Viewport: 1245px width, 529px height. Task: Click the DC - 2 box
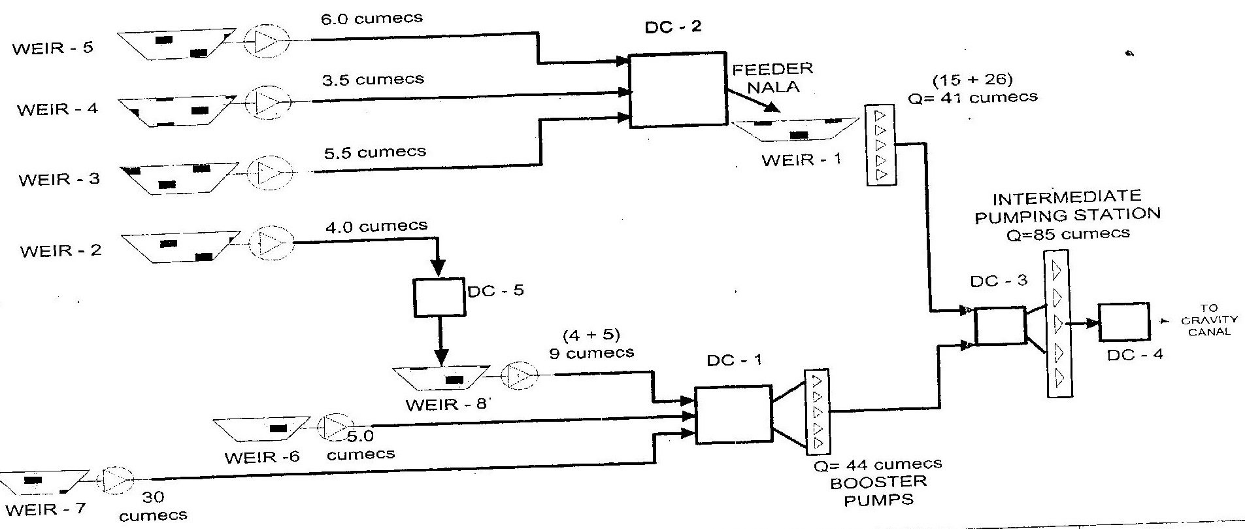677,90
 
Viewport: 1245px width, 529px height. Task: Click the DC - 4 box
1123,322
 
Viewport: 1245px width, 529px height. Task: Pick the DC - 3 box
1000,326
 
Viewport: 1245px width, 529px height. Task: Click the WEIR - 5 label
52,48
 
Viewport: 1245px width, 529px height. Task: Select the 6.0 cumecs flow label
371,19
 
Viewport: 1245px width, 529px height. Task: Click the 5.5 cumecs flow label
374,152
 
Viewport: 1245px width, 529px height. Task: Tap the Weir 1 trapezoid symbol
794,129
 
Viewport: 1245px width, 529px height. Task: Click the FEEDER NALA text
772,77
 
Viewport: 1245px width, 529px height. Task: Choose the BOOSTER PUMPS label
878,492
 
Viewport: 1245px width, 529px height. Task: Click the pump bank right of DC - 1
817,413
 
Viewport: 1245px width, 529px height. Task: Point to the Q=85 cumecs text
1068,233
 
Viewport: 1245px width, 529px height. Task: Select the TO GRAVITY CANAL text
1208,320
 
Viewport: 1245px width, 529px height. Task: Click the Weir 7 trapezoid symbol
44,482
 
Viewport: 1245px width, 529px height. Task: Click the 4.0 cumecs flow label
376,226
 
